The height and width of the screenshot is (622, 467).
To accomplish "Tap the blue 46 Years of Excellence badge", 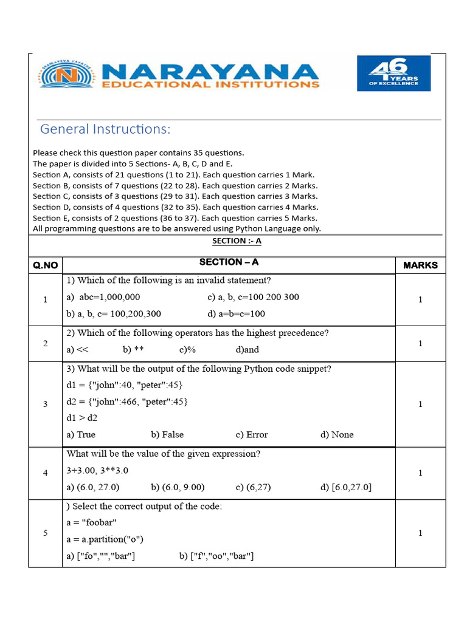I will click(x=393, y=73).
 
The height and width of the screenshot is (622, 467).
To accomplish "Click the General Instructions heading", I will click(x=105, y=129).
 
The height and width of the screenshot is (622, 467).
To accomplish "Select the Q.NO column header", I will click(x=46, y=265).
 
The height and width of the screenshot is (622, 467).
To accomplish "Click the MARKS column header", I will click(x=420, y=265).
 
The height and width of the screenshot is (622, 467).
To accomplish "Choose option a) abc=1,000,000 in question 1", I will click(x=103, y=297).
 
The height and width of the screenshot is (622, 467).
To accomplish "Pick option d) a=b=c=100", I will click(x=236, y=314).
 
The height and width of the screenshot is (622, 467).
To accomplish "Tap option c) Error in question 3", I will click(x=251, y=434).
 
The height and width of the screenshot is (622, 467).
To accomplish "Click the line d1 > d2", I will click(x=82, y=418).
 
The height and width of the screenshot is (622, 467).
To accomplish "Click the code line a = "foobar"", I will click(x=92, y=522).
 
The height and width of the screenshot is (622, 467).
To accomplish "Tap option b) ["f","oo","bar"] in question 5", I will click(x=216, y=556).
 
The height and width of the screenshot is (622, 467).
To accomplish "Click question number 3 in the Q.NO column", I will click(x=45, y=405).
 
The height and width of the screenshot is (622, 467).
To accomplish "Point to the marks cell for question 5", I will click(x=420, y=533).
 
